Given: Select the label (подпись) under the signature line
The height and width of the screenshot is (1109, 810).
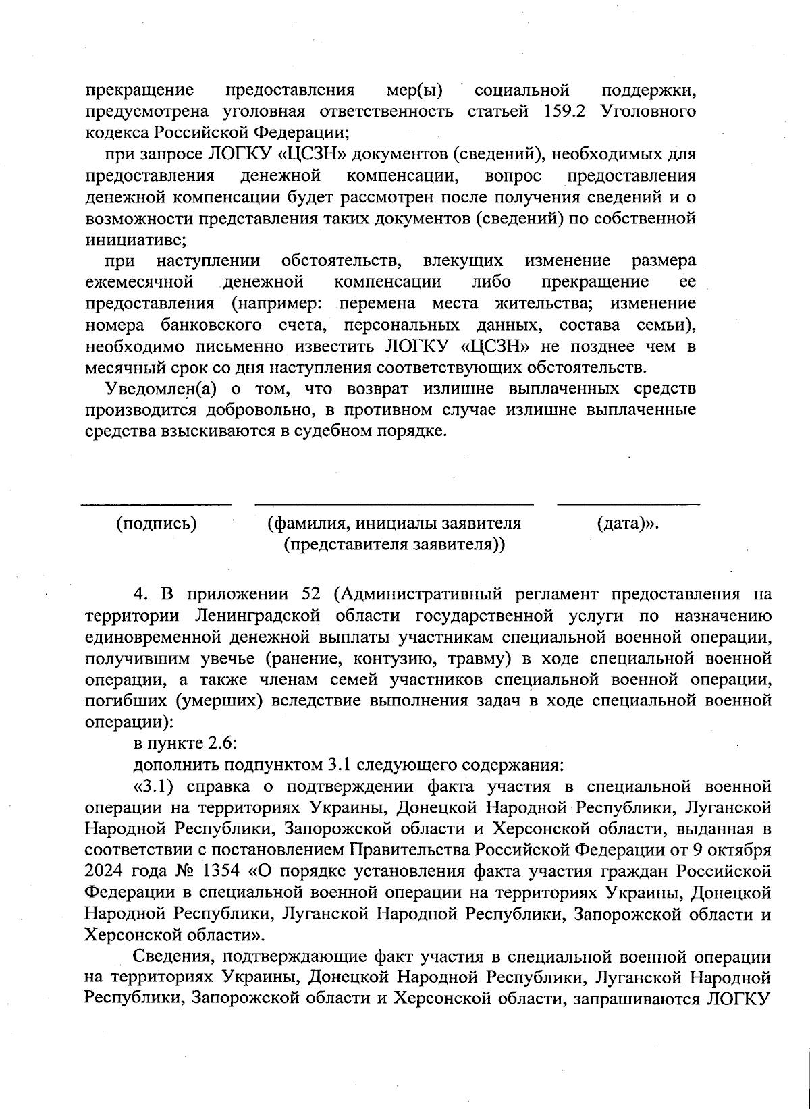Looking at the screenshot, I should (157, 524).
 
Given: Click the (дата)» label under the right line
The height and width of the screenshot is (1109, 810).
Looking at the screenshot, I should (628, 524).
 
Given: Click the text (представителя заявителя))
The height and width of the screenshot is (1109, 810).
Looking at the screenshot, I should (394, 544).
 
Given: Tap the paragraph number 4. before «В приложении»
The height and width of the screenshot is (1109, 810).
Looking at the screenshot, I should (140, 595).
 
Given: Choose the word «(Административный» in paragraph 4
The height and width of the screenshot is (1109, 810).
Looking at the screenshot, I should (418, 595).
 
